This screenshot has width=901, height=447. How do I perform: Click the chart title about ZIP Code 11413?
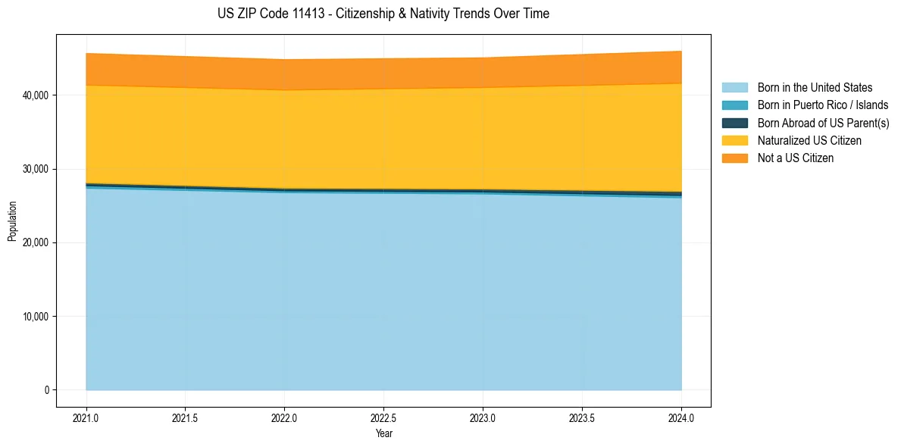pyautogui.click(x=383, y=14)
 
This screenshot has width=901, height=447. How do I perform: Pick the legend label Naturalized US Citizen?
pyautogui.click(x=809, y=141)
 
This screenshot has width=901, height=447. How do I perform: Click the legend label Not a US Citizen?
pyautogui.click(x=796, y=158)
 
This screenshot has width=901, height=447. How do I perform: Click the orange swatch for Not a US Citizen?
pyautogui.click(x=734, y=158)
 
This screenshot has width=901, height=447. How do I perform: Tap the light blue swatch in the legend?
pyautogui.click(x=734, y=88)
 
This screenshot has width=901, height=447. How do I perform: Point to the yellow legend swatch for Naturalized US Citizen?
pyautogui.click(x=734, y=141)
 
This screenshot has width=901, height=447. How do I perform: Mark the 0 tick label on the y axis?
pyautogui.click(x=46, y=390)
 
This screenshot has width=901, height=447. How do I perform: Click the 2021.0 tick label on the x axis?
pyautogui.click(x=86, y=417)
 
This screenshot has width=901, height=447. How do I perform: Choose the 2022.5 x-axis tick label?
pyautogui.click(x=383, y=417)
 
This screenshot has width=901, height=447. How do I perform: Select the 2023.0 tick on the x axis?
pyautogui.click(x=483, y=417)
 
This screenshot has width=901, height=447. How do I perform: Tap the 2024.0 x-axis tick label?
pyautogui.click(x=681, y=417)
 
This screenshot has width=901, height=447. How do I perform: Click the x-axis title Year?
pyautogui.click(x=383, y=433)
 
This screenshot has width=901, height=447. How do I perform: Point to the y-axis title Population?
pyautogui.click(x=12, y=221)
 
